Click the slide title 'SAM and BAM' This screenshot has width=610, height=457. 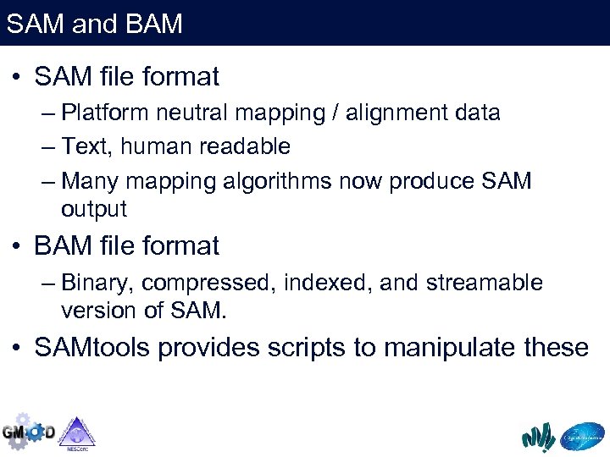pyautogui.click(x=94, y=24)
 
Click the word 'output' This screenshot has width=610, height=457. pyautogui.click(x=93, y=209)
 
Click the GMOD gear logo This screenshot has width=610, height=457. pyautogui.click(x=28, y=432)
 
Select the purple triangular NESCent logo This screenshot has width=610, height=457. pyautogui.click(x=76, y=432)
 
